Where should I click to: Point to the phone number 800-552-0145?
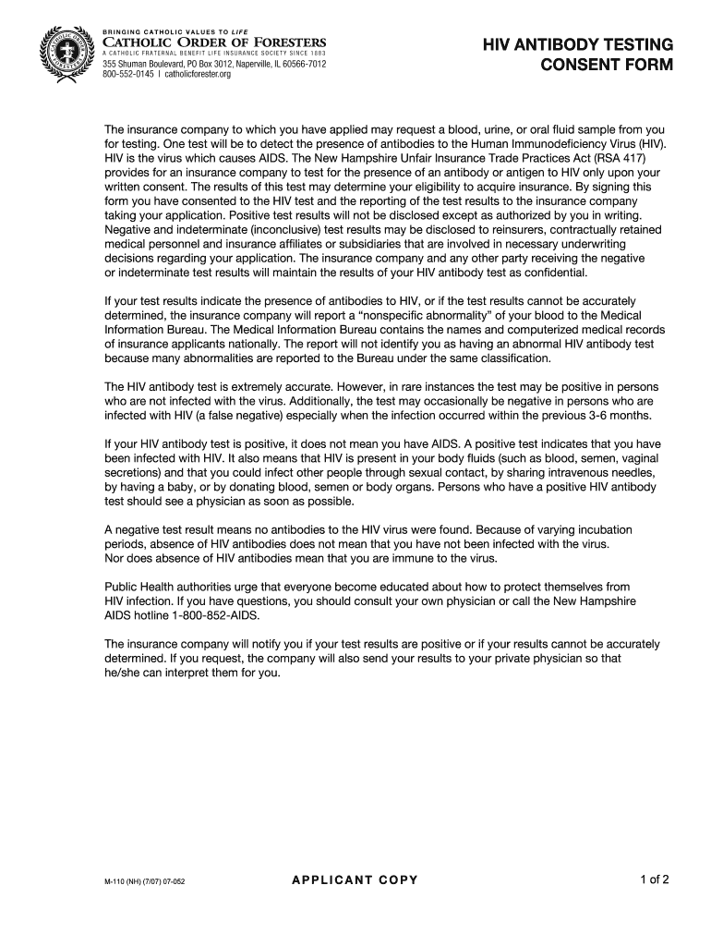pos(127,75)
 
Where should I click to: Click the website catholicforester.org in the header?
pos(199,75)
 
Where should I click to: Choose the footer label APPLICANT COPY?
pos(355,879)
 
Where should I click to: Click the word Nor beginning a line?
pos(115,558)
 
